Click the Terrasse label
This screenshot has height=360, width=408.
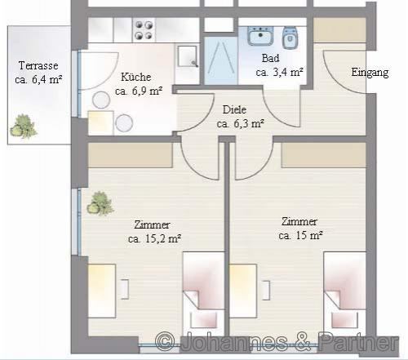point(38,65)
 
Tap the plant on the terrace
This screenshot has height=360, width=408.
point(24,127)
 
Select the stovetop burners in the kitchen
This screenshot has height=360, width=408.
point(144,30)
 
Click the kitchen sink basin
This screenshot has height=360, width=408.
point(188,56)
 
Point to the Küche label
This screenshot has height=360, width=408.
point(136,77)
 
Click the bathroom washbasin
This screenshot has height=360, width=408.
point(260,36)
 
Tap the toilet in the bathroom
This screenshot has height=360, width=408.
point(290,38)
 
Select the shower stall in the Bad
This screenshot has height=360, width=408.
point(221,60)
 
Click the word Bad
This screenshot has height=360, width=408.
point(270,58)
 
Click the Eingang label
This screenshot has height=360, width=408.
point(370,73)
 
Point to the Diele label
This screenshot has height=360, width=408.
point(234,109)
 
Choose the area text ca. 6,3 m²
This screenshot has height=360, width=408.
point(241,124)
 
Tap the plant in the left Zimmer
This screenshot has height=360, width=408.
point(100,203)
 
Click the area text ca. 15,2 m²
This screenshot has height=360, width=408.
point(154,238)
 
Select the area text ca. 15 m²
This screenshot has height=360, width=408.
point(300,235)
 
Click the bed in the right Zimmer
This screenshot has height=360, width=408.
point(344,294)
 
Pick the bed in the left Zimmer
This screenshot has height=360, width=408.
point(203,294)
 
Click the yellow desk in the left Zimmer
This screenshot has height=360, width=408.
point(102,291)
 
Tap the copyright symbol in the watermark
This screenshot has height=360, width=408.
point(165,341)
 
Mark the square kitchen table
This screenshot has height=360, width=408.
point(100,122)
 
